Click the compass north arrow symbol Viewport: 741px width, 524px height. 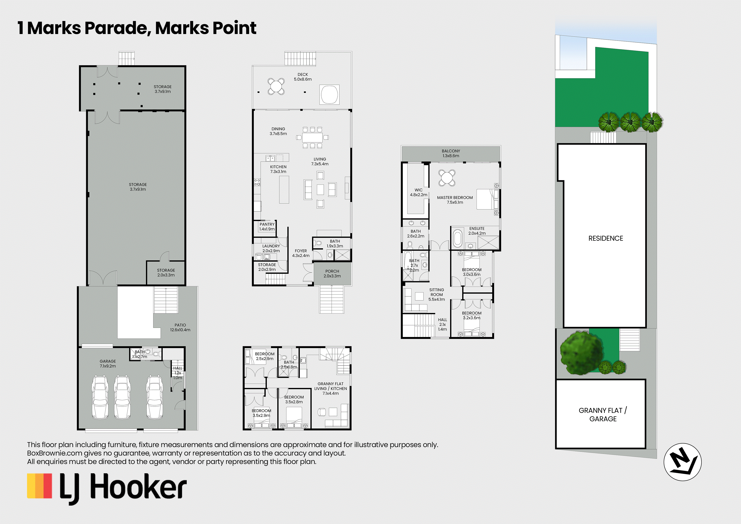[x=682, y=462]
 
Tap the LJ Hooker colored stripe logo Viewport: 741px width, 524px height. [x=39, y=486]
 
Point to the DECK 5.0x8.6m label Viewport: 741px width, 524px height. [x=303, y=77]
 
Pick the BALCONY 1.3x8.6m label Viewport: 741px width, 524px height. [x=451, y=153]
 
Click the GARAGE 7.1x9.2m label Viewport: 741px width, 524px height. [x=108, y=364]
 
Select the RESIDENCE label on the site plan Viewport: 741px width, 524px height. [x=605, y=238]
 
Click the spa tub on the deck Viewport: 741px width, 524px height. [x=329, y=95]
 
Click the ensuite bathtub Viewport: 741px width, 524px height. [x=457, y=239]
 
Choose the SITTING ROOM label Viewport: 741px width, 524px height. [x=437, y=295]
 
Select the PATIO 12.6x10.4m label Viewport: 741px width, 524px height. [x=180, y=327]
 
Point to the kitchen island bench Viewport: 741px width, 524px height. [x=284, y=190]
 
